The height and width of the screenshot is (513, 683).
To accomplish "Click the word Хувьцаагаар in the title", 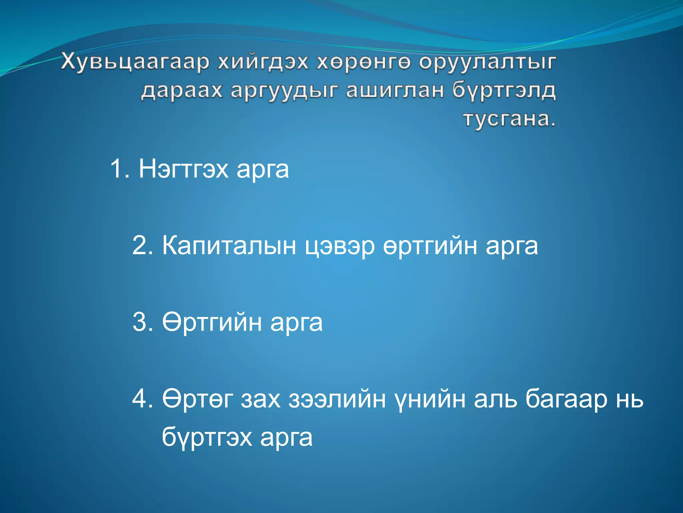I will tap(135, 62).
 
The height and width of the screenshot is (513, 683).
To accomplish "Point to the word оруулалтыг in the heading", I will tap(487, 62).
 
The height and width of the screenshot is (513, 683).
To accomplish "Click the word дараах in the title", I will tap(181, 91).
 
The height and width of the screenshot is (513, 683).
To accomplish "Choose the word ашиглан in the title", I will tap(395, 91).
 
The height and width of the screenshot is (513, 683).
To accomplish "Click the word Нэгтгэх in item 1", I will tap(183, 169).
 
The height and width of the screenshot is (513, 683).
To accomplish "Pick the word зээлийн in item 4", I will tap(337, 399).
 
